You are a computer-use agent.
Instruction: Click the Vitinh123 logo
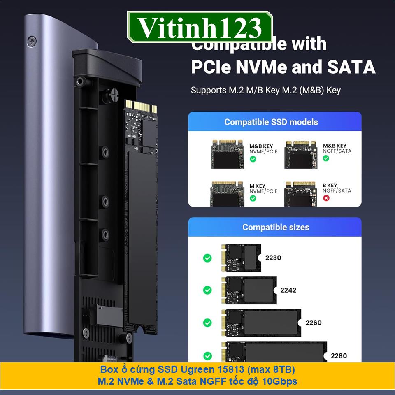click(200, 28)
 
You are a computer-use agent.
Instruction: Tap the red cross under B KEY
click(326, 198)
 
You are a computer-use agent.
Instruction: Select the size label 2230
click(273, 258)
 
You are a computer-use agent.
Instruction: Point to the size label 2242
click(288, 290)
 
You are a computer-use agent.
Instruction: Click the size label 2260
click(314, 323)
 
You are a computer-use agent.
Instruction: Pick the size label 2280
click(339, 355)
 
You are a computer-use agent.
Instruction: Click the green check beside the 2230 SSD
click(208, 258)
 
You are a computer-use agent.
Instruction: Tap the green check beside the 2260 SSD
click(208, 323)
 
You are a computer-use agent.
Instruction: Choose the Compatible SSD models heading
click(271, 122)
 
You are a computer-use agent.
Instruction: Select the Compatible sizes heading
click(276, 227)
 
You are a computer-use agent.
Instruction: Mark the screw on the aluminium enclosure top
click(32, 41)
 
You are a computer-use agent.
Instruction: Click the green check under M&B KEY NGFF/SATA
click(326, 158)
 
